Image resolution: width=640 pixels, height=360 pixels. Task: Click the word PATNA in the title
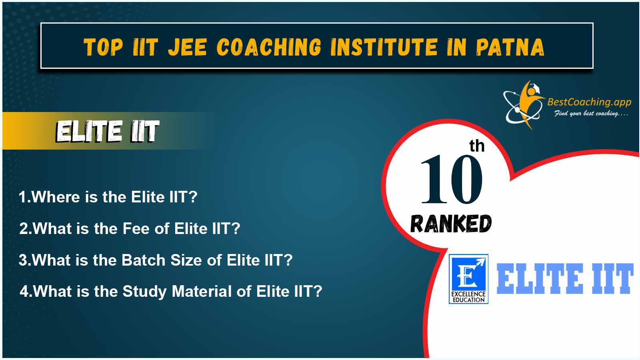(510, 47)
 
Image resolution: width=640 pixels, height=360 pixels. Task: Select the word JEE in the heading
(188, 47)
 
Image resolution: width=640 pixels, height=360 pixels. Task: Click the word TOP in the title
(103, 47)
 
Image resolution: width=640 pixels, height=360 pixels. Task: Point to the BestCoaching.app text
(589, 102)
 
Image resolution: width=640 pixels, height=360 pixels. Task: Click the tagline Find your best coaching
(591, 114)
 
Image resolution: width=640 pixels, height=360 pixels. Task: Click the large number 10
(452, 179)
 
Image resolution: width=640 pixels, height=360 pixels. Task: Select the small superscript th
(477, 146)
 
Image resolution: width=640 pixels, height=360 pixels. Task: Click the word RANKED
(451, 224)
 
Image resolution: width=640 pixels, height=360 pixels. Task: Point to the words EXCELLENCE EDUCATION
(468, 297)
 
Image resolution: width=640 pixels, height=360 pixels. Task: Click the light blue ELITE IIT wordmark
(565, 279)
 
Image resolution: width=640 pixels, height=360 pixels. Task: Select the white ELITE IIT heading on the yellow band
(108, 131)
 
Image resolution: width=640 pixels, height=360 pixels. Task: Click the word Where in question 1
(56, 197)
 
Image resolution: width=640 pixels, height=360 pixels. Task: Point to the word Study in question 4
(144, 292)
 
